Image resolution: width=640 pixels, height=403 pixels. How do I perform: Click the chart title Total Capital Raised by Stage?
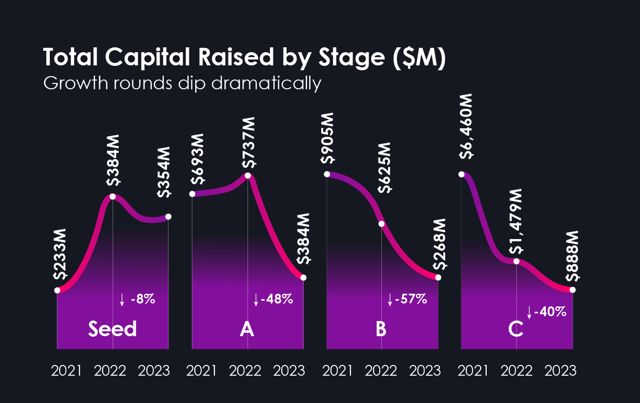[x=244, y=58]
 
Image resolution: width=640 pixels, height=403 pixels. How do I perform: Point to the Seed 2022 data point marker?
[x=113, y=196]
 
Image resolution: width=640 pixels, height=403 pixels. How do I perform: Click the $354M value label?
[x=165, y=172]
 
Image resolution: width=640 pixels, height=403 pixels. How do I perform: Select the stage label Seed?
[x=112, y=329]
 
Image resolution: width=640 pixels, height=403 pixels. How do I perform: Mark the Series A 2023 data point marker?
[x=304, y=278]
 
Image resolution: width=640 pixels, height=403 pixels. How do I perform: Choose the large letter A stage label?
[x=247, y=330]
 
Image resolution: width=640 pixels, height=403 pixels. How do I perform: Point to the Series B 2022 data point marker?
[x=382, y=224]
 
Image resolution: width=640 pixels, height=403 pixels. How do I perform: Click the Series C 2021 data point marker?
[x=461, y=174]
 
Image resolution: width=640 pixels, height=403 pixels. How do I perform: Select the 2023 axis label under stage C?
[x=560, y=371]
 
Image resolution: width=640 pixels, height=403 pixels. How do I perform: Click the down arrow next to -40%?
[x=529, y=312]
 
